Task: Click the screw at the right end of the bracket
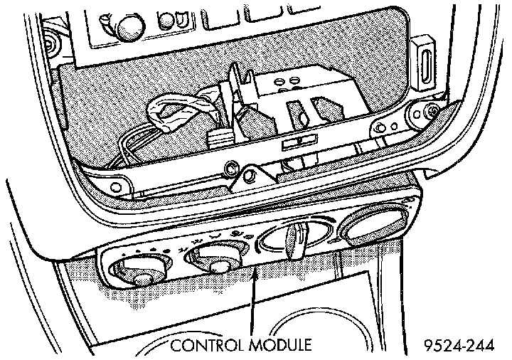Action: (430, 111)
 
